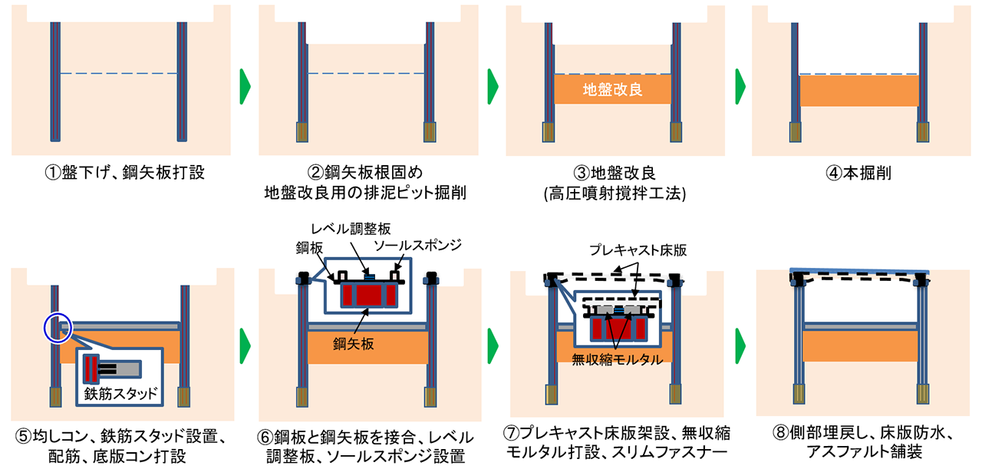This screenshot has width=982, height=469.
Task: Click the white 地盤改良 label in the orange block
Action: (612, 90)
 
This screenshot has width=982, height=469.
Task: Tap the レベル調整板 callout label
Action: (351, 229)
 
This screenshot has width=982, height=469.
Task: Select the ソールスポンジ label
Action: (417, 245)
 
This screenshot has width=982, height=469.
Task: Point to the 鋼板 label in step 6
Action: (309, 248)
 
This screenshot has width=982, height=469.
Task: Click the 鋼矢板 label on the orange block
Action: (354, 344)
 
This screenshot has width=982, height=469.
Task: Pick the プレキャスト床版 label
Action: (638, 250)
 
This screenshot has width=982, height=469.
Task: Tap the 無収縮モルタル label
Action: (617, 360)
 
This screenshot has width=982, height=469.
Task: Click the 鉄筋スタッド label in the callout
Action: (120, 394)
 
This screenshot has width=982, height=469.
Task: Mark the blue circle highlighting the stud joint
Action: (58, 329)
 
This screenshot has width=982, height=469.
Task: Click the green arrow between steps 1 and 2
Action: (245, 87)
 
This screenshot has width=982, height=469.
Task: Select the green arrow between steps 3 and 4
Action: (740, 87)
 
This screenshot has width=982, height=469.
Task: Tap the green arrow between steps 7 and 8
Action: (740, 345)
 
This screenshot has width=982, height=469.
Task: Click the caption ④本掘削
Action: (858, 173)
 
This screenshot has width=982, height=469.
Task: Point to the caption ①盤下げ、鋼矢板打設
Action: (124, 173)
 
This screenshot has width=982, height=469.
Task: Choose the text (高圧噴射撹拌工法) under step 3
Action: (615, 193)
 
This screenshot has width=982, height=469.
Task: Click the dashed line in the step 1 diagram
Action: (118, 73)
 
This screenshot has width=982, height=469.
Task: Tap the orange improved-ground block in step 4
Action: (858, 91)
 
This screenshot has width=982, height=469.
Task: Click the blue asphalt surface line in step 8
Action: (859, 271)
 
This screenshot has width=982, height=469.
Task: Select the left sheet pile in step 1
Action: (55, 82)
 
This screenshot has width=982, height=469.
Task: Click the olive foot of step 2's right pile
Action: (430, 132)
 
